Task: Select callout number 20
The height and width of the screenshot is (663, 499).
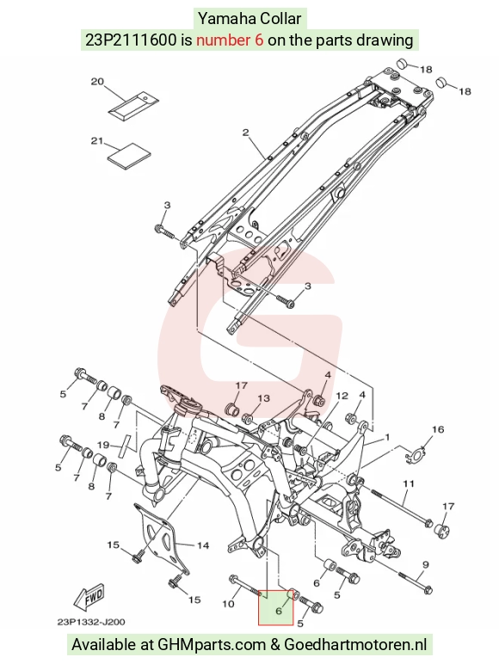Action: tap(97, 82)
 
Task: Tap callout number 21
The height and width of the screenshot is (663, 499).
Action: tap(97, 140)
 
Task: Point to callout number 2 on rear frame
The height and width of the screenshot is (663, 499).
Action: tap(246, 132)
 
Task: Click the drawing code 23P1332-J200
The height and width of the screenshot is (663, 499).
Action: tap(91, 622)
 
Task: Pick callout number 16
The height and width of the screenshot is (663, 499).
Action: tap(438, 430)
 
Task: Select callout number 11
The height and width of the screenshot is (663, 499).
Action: tap(408, 483)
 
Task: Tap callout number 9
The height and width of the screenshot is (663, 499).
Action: tap(425, 564)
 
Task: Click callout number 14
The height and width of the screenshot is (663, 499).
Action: tap(203, 545)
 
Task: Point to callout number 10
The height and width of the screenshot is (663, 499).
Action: tap(228, 604)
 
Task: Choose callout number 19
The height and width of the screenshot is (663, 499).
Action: tap(103, 445)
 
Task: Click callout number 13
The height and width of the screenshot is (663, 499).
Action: tap(263, 398)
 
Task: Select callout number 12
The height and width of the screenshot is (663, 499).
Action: tap(342, 396)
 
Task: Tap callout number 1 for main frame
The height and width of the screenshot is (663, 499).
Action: tap(387, 438)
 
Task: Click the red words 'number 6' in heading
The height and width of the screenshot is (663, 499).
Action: tap(230, 40)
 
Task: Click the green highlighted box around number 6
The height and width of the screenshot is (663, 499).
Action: tap(275, 608)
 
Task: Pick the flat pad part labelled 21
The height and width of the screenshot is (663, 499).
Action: tap(129, 156)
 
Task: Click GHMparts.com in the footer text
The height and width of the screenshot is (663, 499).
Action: tap(212, 645)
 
